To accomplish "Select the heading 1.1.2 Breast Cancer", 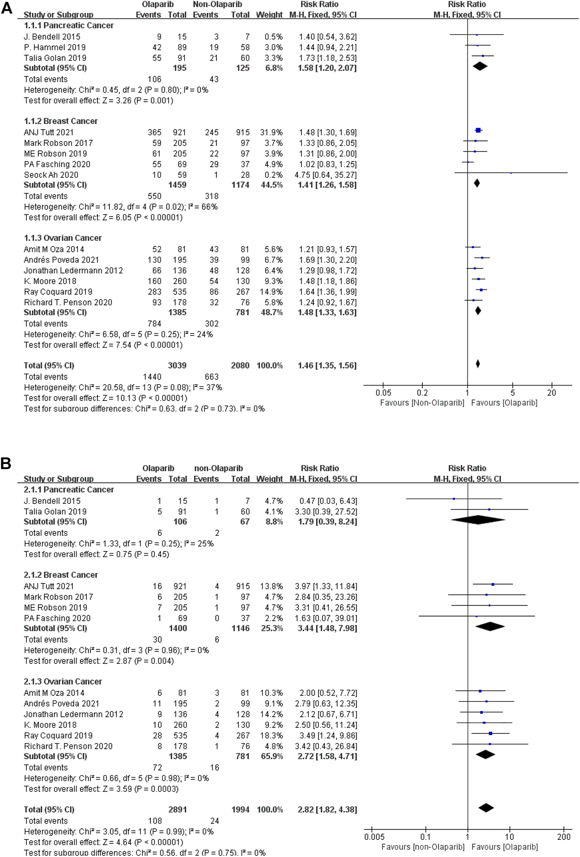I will tap(61, 121).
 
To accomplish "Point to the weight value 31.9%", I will tap(271, 132).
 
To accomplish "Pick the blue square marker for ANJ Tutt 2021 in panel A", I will tap(478, 130).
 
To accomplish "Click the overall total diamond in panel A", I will tap(478, 364).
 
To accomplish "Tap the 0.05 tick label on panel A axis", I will tap(383, 393).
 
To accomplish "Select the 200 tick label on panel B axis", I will tap(564, 837).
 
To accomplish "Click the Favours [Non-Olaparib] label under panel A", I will tap(422, 403).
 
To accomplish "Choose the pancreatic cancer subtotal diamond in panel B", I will tap(478, 519).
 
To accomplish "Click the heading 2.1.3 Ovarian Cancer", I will tap(63, 681).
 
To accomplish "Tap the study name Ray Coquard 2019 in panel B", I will tap(58, 735).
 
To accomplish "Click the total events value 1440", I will tap(152, 377).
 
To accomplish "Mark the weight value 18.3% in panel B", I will tap(271, 735).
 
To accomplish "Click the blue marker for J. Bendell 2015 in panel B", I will tap(454, 498).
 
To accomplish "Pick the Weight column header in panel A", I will tap(269, 15).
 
